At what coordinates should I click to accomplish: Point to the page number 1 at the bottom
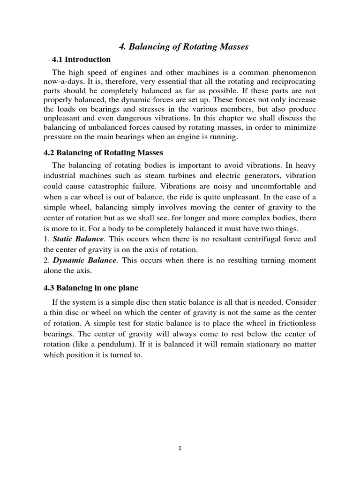[x=180, y=448]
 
